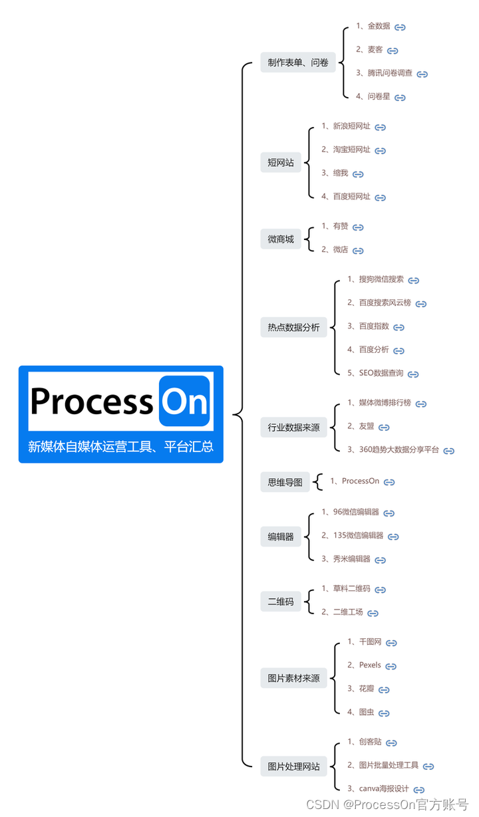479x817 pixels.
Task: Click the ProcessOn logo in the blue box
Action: pos(120,401)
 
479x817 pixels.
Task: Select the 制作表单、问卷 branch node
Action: pos(298,62)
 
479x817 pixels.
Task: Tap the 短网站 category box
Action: pos(281,162)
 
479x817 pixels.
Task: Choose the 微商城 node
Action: pos(281,239)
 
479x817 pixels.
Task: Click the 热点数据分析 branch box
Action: pos(293,327)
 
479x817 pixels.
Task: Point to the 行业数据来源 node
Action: pos(293,427)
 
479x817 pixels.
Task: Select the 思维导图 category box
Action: pos(285,482)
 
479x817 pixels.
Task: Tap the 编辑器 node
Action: pos(281,536)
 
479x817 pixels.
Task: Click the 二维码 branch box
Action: pos(281,601)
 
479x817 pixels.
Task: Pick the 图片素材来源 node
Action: pos(293,678)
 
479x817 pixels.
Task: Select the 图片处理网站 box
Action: pos(293,766)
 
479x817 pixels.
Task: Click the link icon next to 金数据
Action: pos(400,27)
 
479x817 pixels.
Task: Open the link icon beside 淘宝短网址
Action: pos(380,151)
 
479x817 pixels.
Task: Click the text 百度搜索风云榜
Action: pos(385,302)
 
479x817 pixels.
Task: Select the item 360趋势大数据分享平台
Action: pos(399,449)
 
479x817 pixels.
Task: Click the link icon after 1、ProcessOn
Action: pos(389,482)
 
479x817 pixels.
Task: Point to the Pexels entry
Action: pos(370,665)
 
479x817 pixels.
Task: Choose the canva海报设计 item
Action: pos(384,788)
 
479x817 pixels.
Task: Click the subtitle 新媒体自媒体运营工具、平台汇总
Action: pos(120,446)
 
